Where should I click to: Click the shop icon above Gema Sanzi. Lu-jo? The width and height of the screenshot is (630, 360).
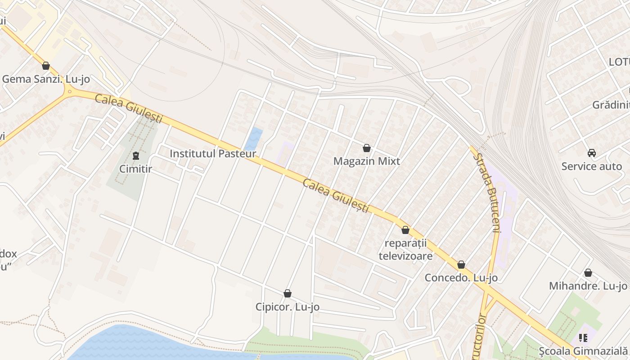[45, 66]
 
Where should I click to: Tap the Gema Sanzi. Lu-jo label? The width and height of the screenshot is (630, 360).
[46, 79]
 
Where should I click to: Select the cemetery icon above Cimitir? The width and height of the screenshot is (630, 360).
[135, 156]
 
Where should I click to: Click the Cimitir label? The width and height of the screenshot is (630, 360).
[135, 169]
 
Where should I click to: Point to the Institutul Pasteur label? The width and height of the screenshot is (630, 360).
[213, 153]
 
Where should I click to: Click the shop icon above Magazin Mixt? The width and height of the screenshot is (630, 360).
[367, 148]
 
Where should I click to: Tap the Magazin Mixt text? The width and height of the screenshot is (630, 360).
[367, 161]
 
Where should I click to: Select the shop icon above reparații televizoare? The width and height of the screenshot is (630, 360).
[405, 230]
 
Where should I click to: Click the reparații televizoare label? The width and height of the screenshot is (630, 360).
[405, 250]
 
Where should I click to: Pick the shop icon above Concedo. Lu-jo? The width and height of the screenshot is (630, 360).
[461, 265]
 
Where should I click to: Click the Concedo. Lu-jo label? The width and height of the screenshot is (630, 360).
[461, 278]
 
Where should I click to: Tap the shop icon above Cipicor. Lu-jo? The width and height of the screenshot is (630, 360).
[288, 294]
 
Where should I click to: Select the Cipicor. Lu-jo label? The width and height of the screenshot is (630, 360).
[288, 307]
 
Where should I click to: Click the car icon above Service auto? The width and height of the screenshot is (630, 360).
[592, 153]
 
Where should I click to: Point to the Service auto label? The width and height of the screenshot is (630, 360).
[592, 166]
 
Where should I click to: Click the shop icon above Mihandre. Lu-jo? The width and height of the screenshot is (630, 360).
[588, 273]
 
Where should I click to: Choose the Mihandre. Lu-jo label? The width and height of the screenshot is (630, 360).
[588, 286]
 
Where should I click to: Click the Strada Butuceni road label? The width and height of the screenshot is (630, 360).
[488, 193]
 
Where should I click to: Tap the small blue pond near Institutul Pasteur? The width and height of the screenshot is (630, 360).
[254, 139]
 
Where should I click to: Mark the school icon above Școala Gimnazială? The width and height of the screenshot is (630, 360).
[584, 337]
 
